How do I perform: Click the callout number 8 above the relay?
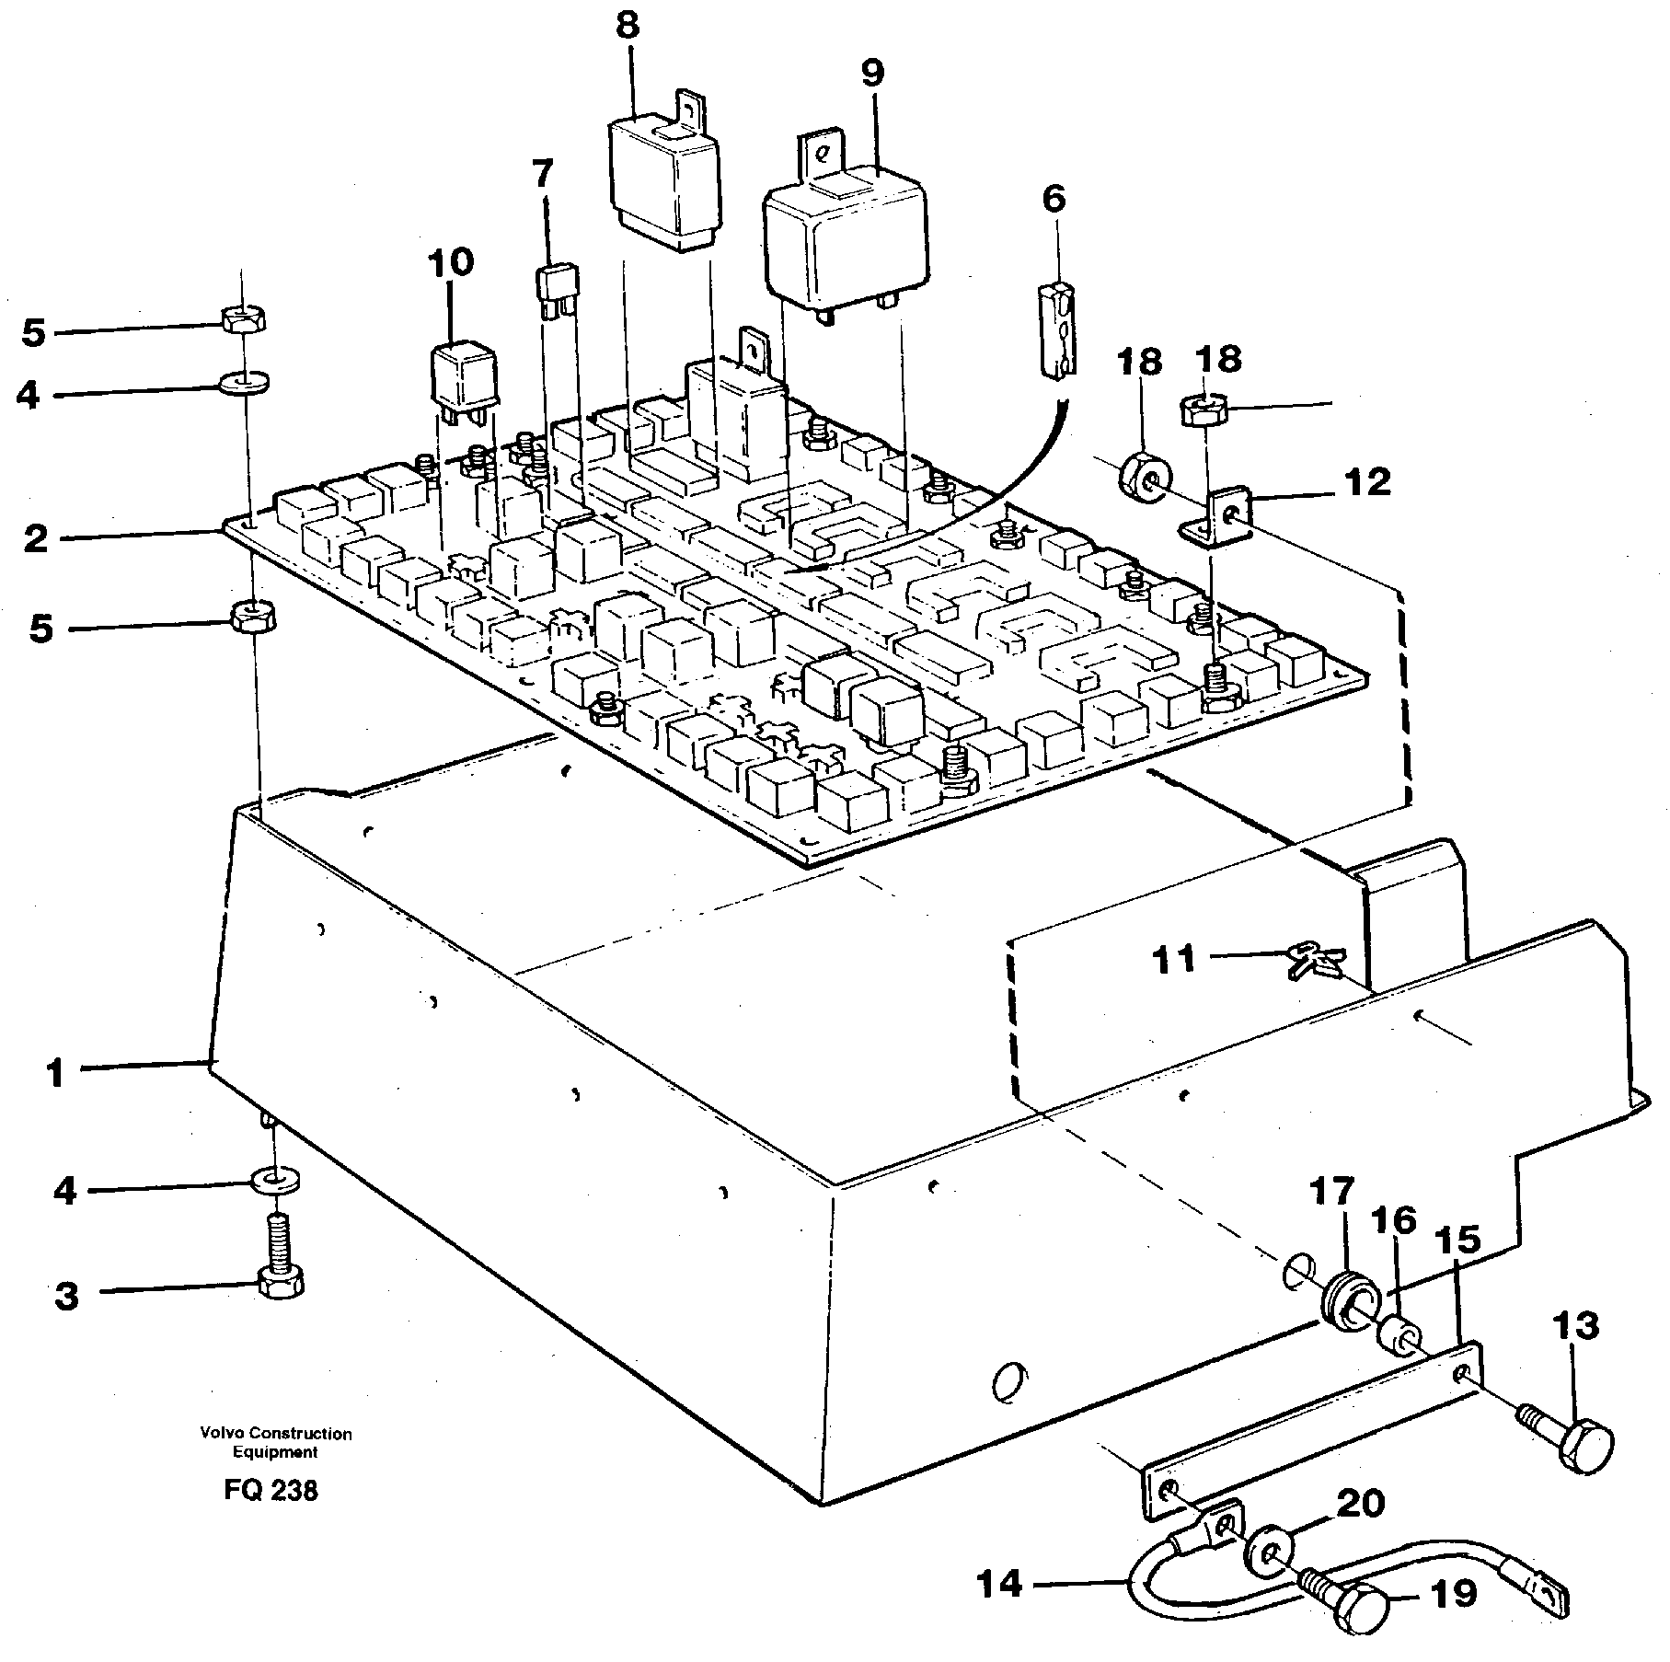click(x=627, y=26)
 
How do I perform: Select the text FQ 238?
click(x=270, y=1516)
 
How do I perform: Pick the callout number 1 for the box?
click(x=56, y=1072)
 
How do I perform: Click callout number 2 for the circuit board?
click(x=35, y=538)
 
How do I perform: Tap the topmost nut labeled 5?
click(x=243, y=321)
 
